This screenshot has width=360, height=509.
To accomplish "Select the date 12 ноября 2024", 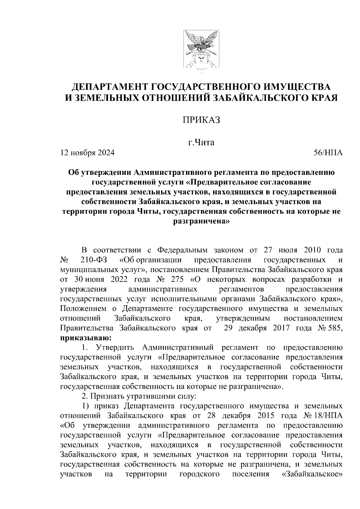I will pos(88,153).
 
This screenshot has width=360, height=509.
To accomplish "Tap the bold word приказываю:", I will pos(86,338).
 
